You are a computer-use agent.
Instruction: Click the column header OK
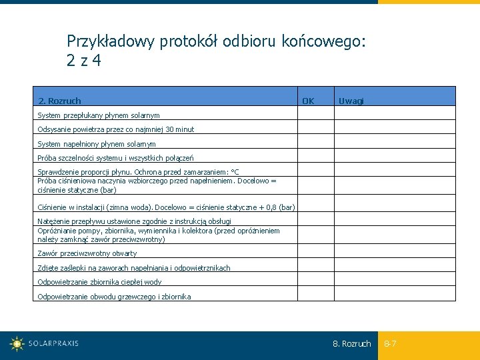point(308,101)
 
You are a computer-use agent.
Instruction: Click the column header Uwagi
point(351,101)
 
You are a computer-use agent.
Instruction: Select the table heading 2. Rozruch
point(59,101)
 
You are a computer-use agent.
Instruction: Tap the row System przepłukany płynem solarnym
point(99,115)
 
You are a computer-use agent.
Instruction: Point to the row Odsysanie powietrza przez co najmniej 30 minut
point(116,129)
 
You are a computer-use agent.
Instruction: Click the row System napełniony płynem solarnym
point(97,144)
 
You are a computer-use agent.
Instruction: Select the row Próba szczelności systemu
point(115,158)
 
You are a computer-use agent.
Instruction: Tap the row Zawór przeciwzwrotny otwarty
point(87,253)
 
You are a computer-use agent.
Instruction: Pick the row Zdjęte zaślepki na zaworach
point(134,268)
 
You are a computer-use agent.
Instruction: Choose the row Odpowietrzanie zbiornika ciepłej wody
point(99,282)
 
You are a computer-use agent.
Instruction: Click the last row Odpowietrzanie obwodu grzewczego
point(114,297)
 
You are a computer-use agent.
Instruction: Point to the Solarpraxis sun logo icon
point(17,344)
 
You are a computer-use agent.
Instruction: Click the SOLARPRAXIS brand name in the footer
point(53,344)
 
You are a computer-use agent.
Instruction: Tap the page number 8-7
point(390,344)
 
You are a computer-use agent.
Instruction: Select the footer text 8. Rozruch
point(351,344)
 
